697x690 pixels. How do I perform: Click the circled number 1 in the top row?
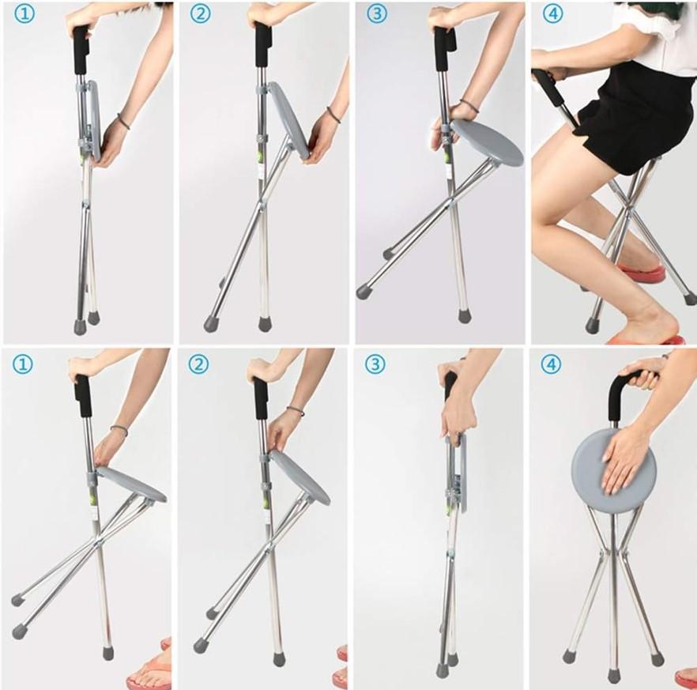pos(24,13)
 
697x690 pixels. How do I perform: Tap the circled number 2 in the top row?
pos(201,13)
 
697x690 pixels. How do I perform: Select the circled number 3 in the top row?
pos(376,13)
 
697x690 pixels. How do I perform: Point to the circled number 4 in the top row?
pos(552,13)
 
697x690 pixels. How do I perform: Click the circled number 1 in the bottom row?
pos(22,364)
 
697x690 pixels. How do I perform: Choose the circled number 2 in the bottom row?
pos(198,364)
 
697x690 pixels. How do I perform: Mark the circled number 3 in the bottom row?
pos(375,364)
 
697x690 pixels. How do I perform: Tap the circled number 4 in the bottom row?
pos(550,364)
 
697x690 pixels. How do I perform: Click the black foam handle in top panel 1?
pos(81,51)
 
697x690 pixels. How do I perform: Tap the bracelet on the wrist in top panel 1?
pos(123,122)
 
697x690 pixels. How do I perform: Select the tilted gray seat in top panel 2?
pos(288,120)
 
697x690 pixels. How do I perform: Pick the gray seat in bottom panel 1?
pos(131,484)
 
